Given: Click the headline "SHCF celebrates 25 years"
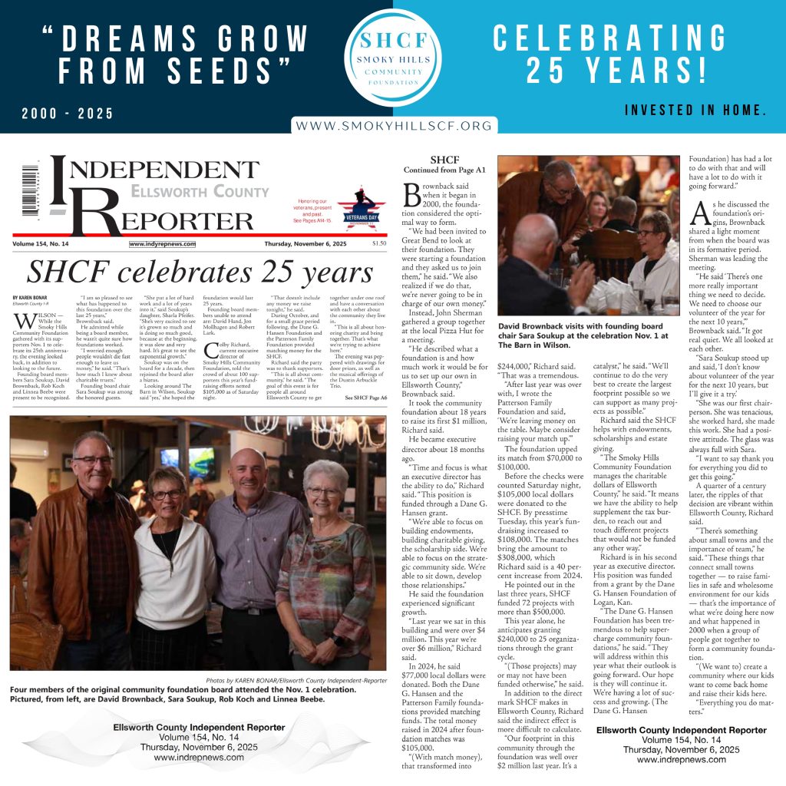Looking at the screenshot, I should pyautogui.click(x=200, y=272).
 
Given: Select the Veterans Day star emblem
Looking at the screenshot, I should pyautogui.click(x=361, y=208).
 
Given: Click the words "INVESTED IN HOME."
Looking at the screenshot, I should pyautogui.click(x=695, y=111).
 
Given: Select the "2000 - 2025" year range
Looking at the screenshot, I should pyautogui.click(x=68, y=114).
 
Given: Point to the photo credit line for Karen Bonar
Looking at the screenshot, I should pyautogui.click(x=296, y=681).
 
